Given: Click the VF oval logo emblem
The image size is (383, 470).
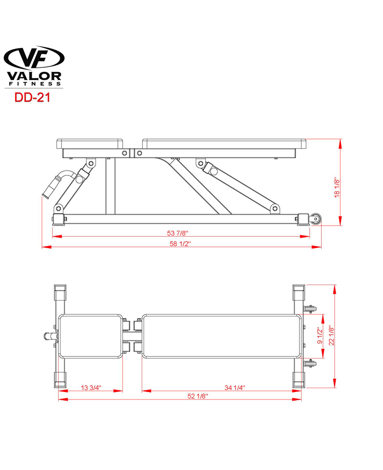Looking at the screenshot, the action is coord(34,58).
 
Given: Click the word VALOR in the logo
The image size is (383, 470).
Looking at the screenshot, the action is coord(34,76).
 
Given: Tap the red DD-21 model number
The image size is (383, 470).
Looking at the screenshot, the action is coord(32,97).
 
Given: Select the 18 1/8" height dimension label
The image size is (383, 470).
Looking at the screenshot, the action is coord(337,188).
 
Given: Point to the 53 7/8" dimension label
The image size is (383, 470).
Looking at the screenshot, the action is coord(178,233).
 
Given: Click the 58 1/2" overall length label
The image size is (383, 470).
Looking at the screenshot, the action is coord(180,244).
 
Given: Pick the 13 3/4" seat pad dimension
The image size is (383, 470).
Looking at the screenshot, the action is coord(91,388).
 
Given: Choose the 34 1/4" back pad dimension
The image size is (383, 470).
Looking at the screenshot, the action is coord(235,388).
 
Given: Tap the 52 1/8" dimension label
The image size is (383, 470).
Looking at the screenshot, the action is coord(198,396).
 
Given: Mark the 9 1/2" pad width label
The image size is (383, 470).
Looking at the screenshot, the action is coord(320,336).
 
